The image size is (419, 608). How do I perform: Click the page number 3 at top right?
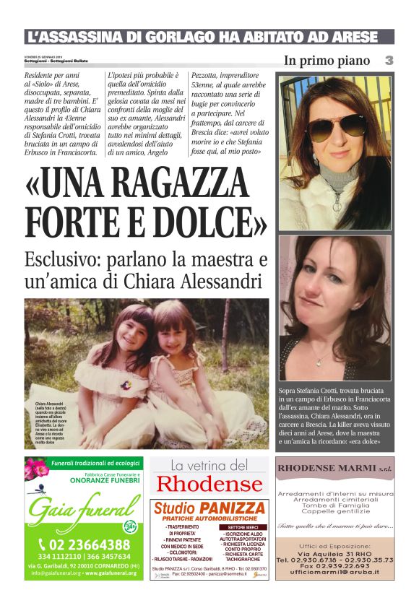(389, 61)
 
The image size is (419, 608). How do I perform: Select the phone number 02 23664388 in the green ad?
(84, 544)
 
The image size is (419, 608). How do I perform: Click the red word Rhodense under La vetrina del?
(209, 484)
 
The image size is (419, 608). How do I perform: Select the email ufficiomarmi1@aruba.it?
(334, 571)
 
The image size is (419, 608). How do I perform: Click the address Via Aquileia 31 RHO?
(334, 552)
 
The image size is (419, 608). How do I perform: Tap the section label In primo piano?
(327, 61)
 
